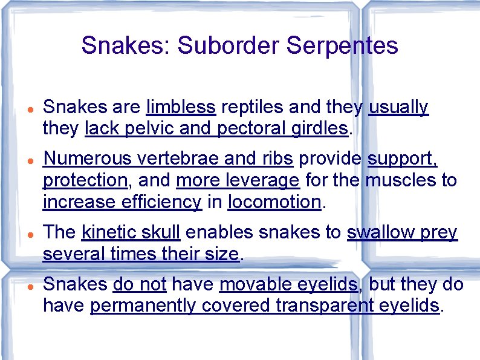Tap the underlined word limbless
click(181, 108)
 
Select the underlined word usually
click(398, 108)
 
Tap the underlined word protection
click(84, 180)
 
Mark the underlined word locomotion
click(274, 201)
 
